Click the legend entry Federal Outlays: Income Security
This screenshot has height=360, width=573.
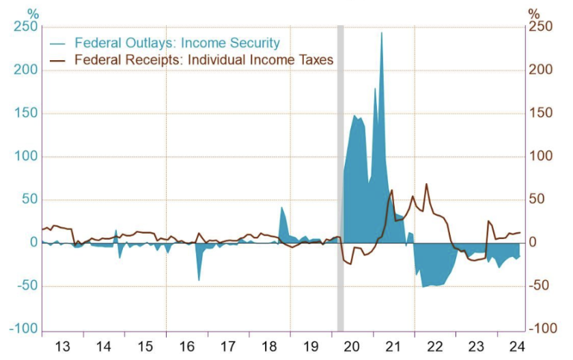(x=177, y=43)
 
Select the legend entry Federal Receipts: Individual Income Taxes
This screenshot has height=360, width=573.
(x=204, y=60)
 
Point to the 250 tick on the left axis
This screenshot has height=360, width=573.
(x=27, y=27)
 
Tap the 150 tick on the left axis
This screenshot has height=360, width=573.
(x=27, y=113)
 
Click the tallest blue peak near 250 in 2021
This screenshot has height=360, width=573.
(x=381, y=33)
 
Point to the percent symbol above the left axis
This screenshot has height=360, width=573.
(x=32, y=12)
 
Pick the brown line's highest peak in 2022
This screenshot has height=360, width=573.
(x=426, y=184)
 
